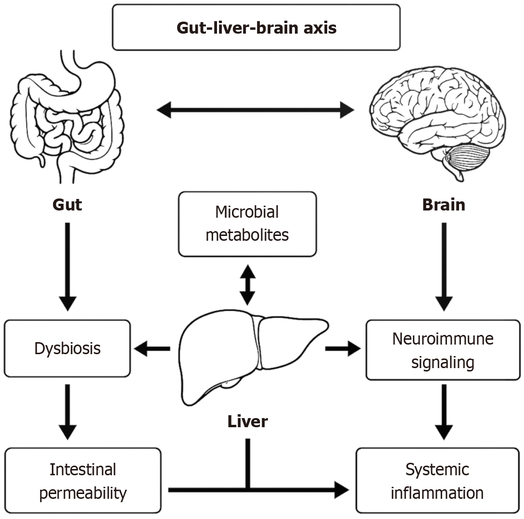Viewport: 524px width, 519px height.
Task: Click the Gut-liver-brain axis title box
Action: (x=256, y=27)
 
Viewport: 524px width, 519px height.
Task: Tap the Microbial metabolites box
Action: (x=247, y=224)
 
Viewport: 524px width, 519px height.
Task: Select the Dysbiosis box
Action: (x=67, y=348)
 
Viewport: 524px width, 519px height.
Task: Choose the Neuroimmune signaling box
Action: (x=443, y=350)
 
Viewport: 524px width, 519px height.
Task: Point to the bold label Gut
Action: (x=67, y=205)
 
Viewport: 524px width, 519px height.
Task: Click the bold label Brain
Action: (x=443, y=205)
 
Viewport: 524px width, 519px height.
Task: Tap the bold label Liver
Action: (x=247, y=421)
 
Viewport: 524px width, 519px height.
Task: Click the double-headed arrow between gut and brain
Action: (x=256, y=110)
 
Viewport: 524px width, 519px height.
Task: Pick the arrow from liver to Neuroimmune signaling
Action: (x=343, y=348)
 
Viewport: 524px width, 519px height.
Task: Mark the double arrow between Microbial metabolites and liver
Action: (x=247, y=284)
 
